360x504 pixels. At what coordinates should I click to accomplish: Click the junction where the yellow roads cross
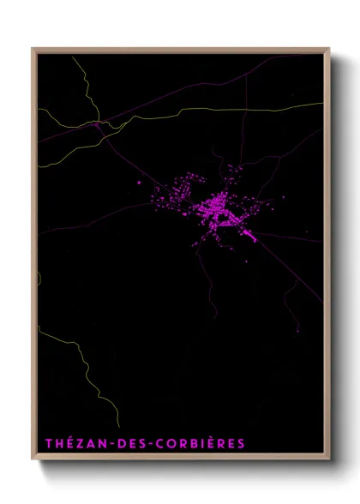[98, 123]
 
